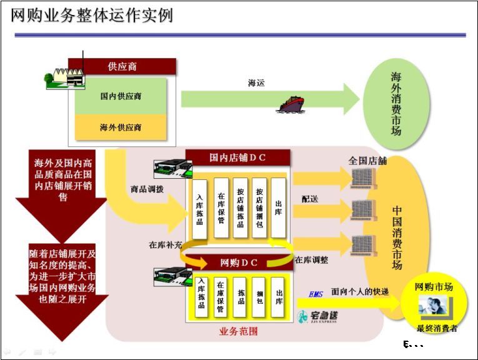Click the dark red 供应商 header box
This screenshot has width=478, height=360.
point(122,66)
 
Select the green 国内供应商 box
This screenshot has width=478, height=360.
point(121,96)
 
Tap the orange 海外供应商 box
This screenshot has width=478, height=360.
point(121,127)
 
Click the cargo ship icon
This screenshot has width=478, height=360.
point(291,104)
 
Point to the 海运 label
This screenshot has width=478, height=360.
point(256,81)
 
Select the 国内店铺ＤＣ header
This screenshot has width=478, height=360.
point(237,158)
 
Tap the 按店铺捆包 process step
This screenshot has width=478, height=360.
point(259,207)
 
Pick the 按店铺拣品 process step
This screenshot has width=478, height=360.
point(241,207)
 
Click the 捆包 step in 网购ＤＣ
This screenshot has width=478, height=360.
point(259,296)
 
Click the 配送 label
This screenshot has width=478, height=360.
point(309,199)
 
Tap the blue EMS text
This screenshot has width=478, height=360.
point(316,294)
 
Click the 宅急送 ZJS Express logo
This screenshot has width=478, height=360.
point(318,316)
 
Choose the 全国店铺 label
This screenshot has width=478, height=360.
point(367,161)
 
